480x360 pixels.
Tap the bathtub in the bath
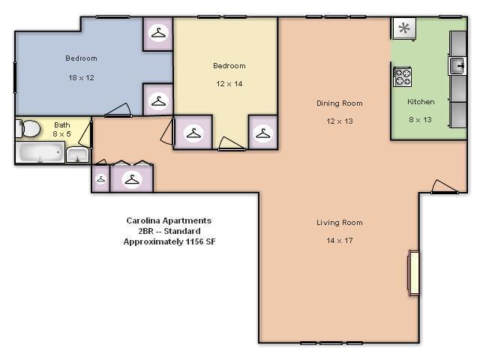point(40,153)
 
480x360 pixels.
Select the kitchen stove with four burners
point(403,76)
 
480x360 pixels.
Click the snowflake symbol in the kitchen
point(404,28)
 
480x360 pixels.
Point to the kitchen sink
point(457,65)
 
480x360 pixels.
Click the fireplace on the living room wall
point(412,273)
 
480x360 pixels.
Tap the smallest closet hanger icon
point(100,180)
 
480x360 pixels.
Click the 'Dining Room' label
point(339,103)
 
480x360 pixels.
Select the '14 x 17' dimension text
point(339,241)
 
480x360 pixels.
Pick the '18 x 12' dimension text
point(80,77)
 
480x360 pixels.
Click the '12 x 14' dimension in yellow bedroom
point(229,84)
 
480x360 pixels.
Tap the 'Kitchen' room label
point(421,101)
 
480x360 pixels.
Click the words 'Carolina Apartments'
point(169,220)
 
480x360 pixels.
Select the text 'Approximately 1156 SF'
point(169,242)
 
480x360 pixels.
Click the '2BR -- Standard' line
point(169,231)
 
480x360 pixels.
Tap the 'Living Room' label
point(339,223)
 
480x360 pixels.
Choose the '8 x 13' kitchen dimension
point(421,119)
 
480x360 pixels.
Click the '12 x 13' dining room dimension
point(339,121)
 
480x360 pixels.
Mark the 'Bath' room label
point(61,124)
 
